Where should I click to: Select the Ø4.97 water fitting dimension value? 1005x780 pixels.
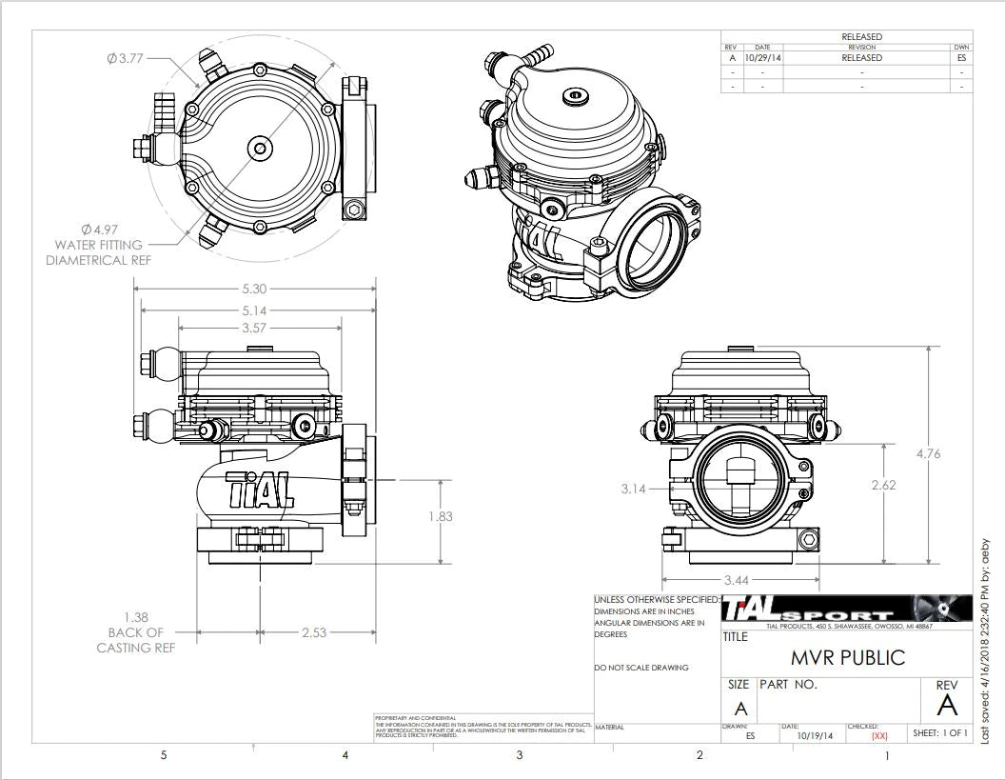click(99, 230)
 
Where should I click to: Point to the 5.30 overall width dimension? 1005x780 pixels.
click(255, 288)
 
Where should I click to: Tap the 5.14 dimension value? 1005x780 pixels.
click(255, 310)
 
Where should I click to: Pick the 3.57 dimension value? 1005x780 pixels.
click(255, 328)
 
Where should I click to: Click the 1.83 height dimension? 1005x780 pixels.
click(441, 516)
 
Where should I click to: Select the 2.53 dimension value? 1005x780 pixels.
click(316, 632)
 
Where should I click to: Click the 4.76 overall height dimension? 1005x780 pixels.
click(927, 454)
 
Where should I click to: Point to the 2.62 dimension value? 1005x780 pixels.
click(884, 485)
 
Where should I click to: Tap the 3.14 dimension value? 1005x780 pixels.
click(633, 489)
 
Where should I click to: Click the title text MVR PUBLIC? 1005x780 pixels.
click(848, 658)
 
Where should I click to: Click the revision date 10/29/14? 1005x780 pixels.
click(762, 58)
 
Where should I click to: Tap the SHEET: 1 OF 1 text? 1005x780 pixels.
click(939, 733)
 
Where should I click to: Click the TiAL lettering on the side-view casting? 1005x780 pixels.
click(259, 490)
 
